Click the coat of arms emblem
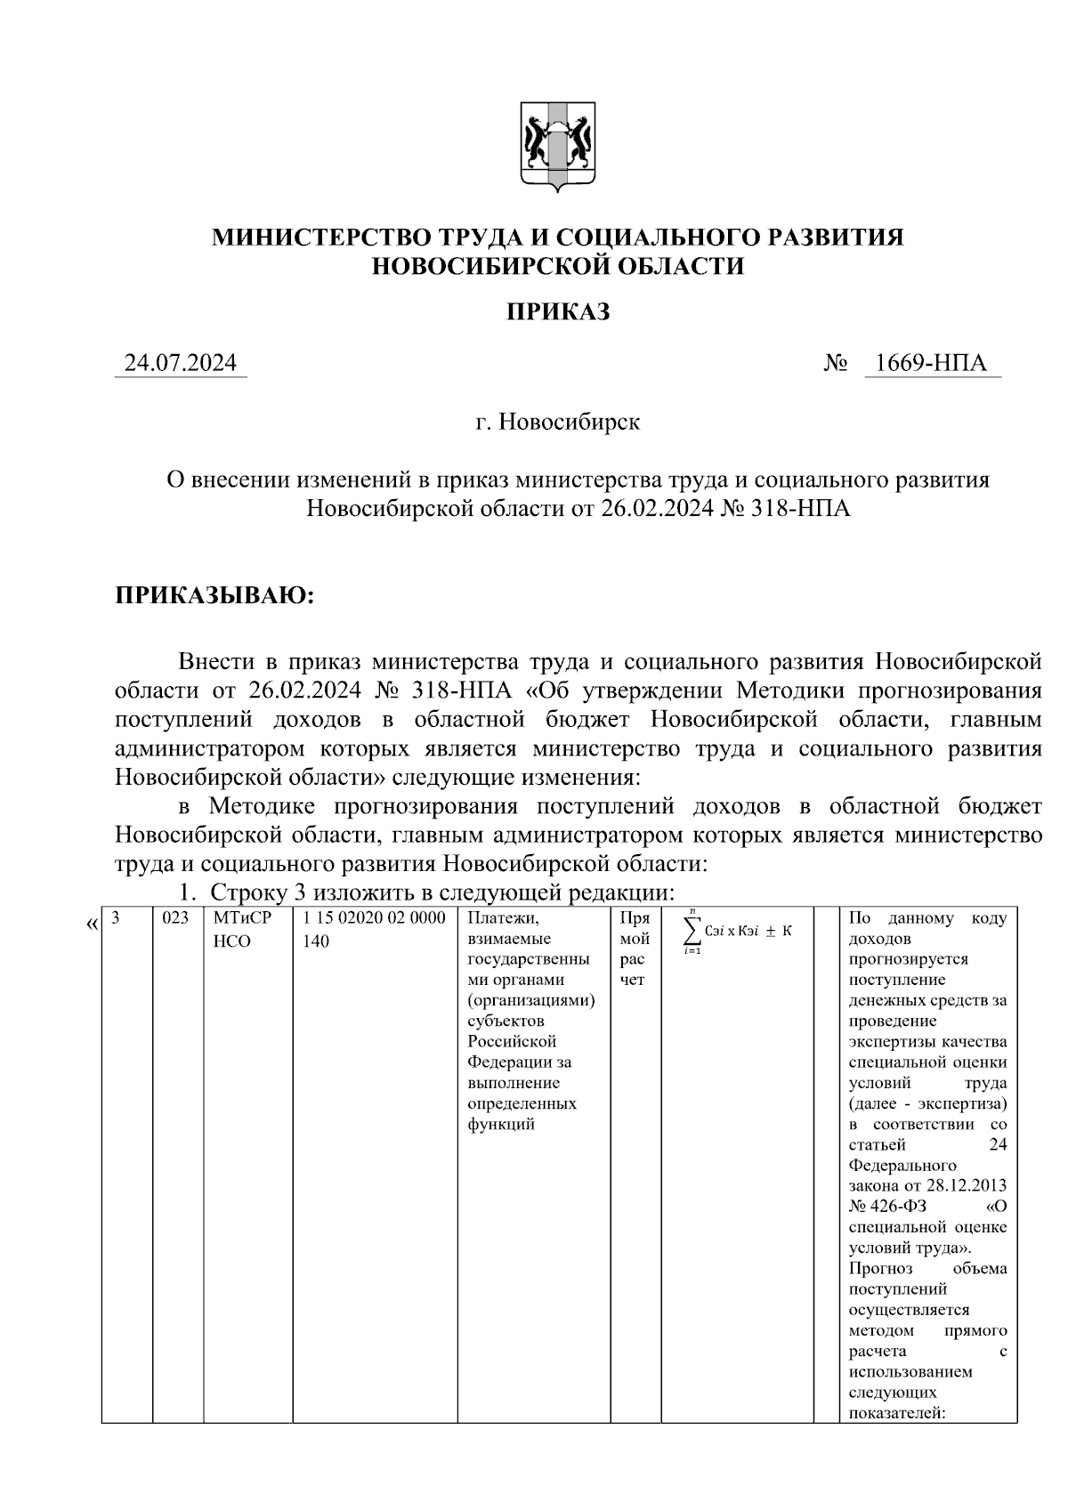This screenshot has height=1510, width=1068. click(557, 147)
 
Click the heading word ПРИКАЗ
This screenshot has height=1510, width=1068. click(558, 312)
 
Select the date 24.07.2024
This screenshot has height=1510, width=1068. click(181, 363)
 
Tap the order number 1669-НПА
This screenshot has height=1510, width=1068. click(931, 363)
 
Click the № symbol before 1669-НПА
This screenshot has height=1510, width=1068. click(835, 363)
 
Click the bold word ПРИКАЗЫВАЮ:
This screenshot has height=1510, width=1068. click(214, 594)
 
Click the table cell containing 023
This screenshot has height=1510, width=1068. click(176, 918)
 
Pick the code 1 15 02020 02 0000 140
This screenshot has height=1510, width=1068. click(374, 929)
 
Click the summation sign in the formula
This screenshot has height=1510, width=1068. click(691, 931)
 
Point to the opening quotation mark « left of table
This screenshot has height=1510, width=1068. click(92, 925)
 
